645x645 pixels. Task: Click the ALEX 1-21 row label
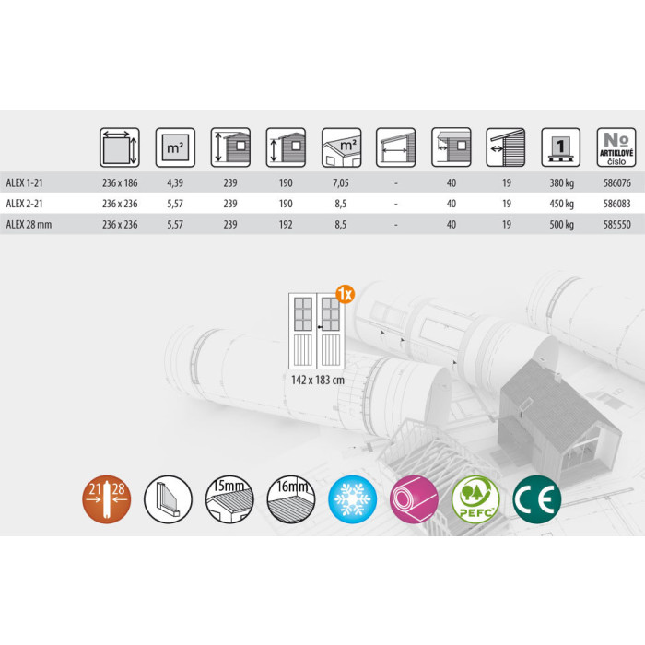click(x=24, y=183)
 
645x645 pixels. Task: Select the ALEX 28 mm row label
click(x=29, y=225)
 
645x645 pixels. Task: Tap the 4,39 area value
click(x=175, y=183)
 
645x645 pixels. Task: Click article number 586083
click(x=616, y=204)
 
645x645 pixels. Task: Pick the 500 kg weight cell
click(x=561, y=225)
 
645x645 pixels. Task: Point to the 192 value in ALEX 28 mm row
click(x=286, y=225)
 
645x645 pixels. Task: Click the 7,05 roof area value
click(x=341, y=183)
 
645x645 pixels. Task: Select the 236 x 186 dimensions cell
click(x=120, y=183)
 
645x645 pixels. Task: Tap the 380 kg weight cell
click(x=561, y=183)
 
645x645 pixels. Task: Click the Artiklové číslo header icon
click(x=616, y=147)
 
